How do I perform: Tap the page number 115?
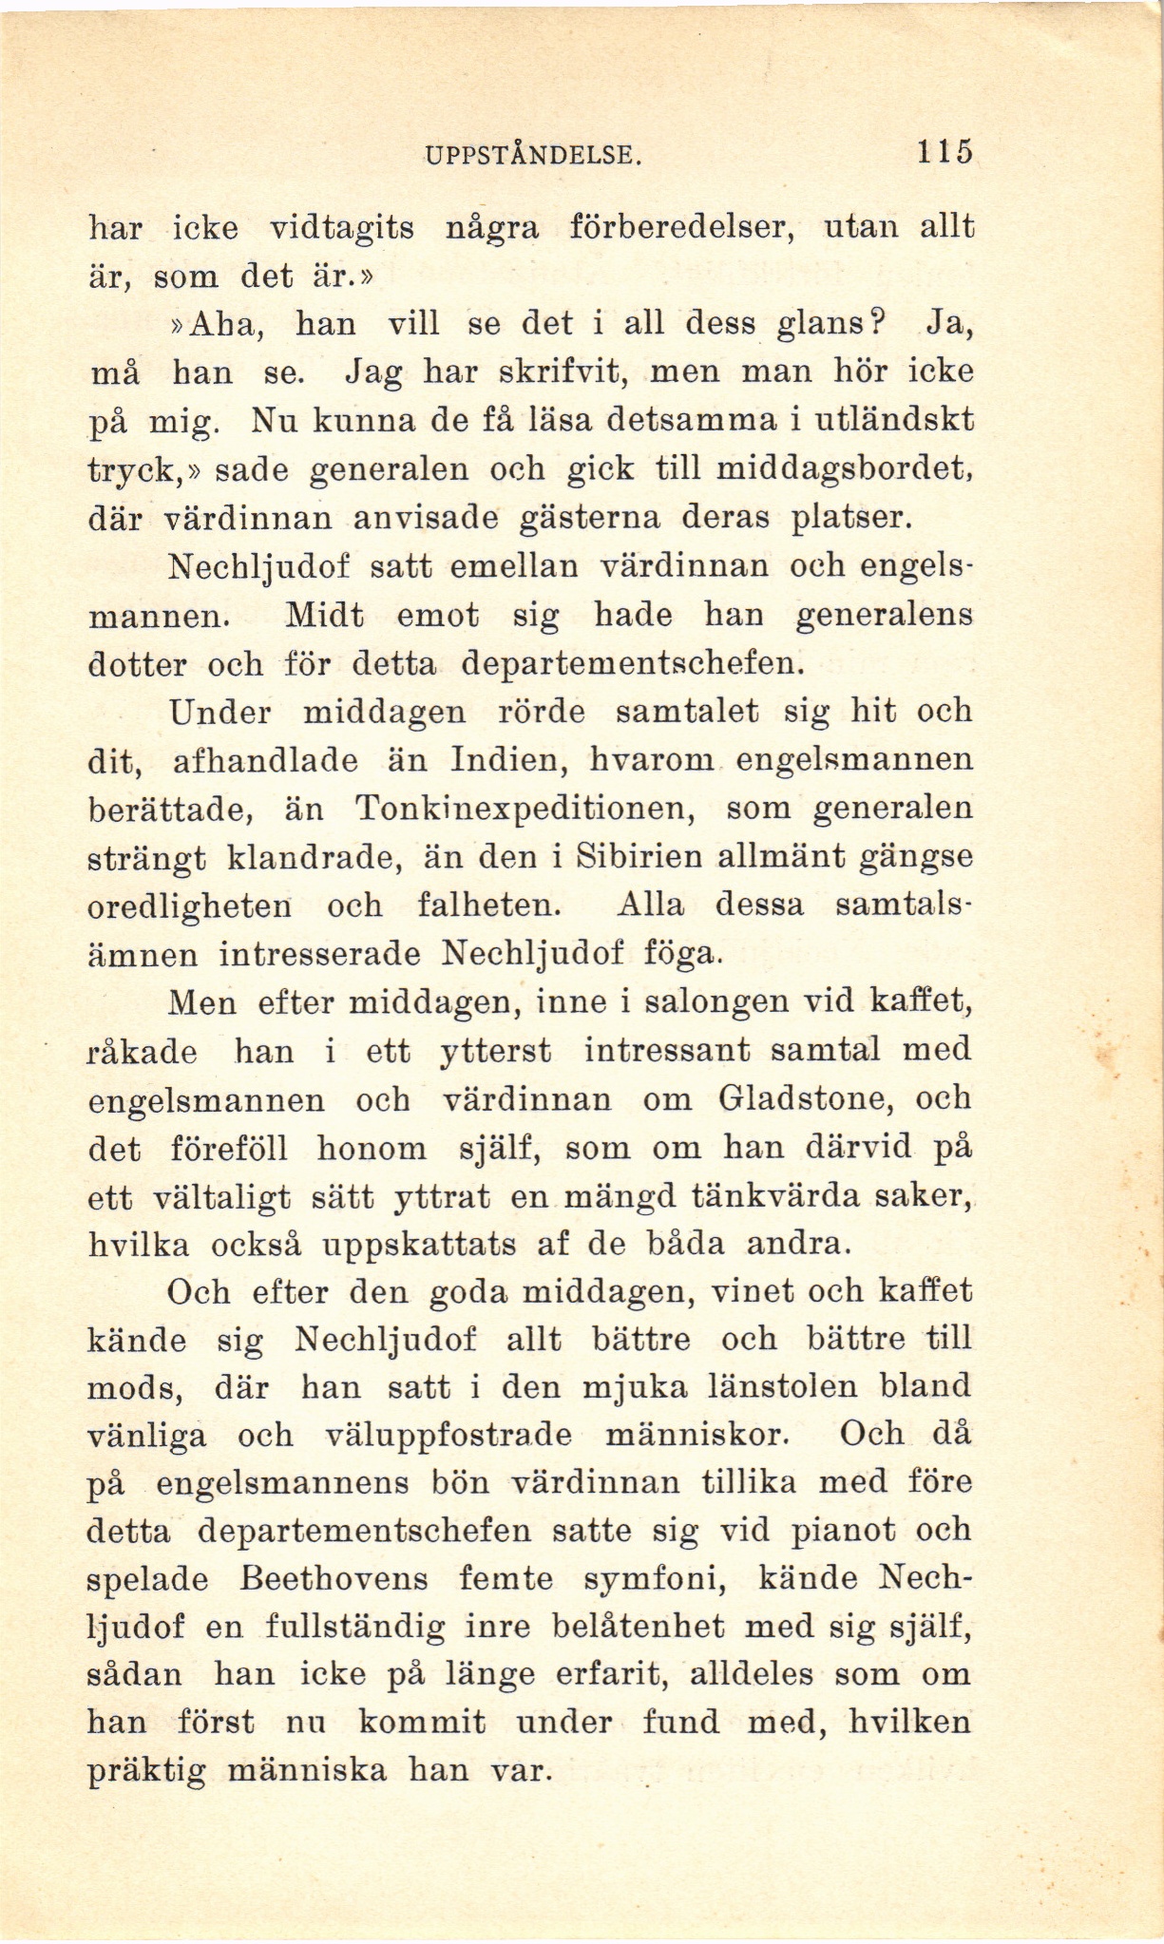pyautogui.click(x=945, y=152)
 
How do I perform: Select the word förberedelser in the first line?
pyautogui.click(x=679, y=228)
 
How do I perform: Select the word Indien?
pyautogui.click(x=506, y=761)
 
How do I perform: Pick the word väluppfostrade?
pyautogui.click(x=448, y=1436)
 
